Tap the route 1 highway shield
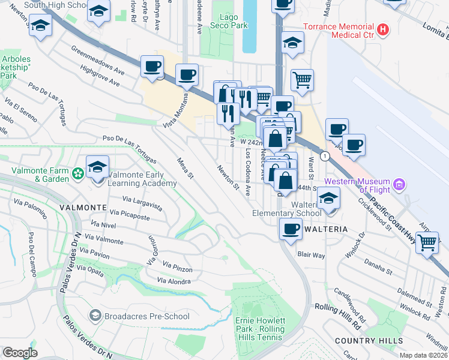click(x=325, y=156)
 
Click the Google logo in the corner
click(x=20, y=352)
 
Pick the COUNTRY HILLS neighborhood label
click(x=369, y=341)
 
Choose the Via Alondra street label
click(x=173, y=281)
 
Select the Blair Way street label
click(x=312, y=255)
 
